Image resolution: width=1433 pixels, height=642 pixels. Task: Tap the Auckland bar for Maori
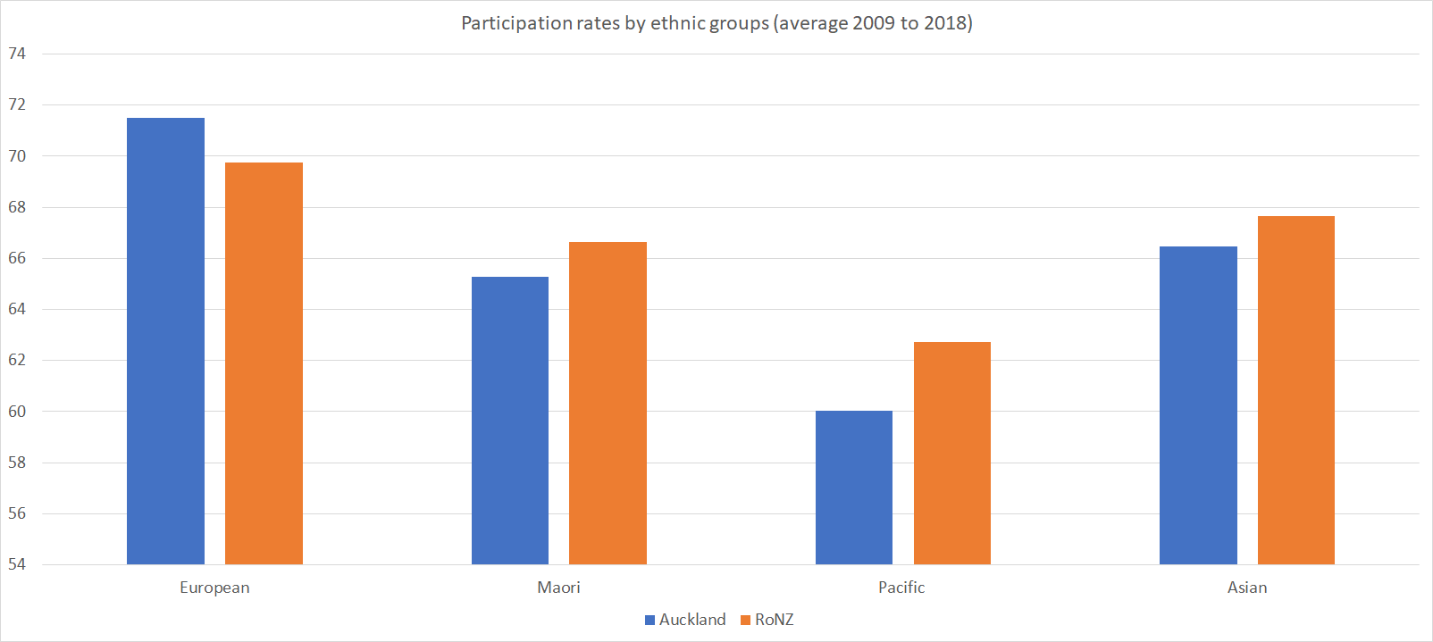coord(510,421)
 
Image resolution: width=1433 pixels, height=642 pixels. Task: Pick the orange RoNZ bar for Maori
coord(608,403)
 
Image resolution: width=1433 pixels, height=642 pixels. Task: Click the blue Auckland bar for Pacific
coord(854,488)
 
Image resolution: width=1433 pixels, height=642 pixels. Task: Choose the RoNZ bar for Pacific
coord(952,453)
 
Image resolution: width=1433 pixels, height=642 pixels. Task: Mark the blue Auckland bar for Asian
coord(1198,405)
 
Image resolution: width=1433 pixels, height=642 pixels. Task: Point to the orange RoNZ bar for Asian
coord(1296,390)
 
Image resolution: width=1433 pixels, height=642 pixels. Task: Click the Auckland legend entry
coord(685,620)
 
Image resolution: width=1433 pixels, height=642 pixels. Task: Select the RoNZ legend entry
coord(767,620)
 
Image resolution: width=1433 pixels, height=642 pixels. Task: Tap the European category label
coord(214,588)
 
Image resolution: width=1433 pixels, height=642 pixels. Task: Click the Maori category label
coord(558,588)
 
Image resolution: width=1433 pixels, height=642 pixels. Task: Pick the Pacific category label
coord(901,588)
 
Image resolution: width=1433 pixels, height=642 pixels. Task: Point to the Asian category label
coord(1247,588)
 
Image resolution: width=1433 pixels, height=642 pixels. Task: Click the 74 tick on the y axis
coord(17,54)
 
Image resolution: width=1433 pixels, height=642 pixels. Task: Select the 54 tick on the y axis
coord(17,564)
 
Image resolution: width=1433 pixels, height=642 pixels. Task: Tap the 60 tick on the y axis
coord(17,412)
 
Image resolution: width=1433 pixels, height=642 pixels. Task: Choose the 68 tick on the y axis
coord(17,207)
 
